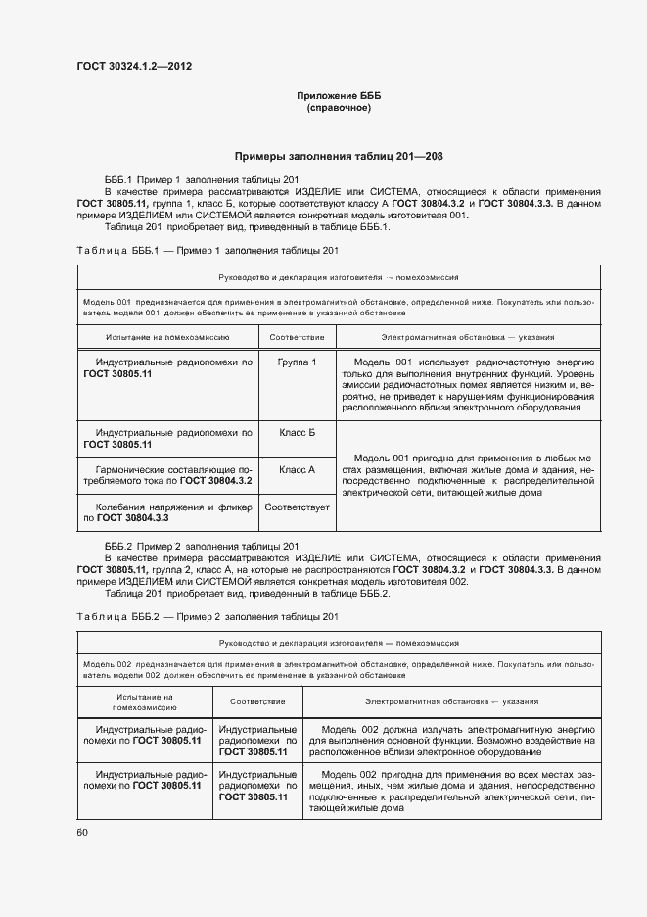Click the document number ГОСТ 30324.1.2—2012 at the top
click(x=134, y=67)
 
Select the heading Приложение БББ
click(x=338, y=95)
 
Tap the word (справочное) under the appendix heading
click(x=338, y=107)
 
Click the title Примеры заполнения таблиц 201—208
click(x=338, y=156)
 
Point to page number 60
click(x=81, y=832)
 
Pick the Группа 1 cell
click(x=297, y=362)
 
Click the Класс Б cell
click(x=297, y=431)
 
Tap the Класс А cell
click(x=297, y=469)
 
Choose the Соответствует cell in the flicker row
click(x=297, y=507)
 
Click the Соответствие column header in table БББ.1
click(x=297, y=336)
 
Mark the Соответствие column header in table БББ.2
click(x=257, y=701)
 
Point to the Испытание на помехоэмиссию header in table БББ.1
click(x=167, y=336)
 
